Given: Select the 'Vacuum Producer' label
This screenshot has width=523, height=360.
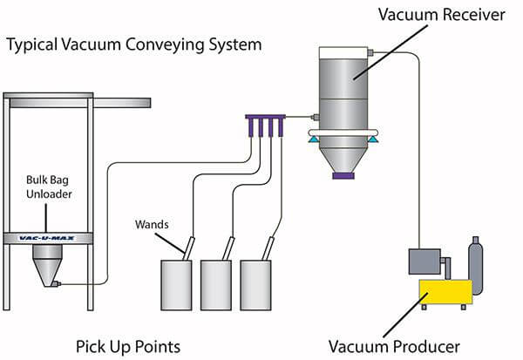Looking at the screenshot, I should (393, 346).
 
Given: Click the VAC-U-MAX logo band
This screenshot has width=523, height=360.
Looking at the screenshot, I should (49, 236).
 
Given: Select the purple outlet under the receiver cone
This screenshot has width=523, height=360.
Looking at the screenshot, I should (346, 175).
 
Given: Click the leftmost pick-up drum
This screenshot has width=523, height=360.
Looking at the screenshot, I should (177, 284).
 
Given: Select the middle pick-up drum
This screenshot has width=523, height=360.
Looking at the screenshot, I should (220, 284).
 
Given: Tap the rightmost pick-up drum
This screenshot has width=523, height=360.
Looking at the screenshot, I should (261, 284).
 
